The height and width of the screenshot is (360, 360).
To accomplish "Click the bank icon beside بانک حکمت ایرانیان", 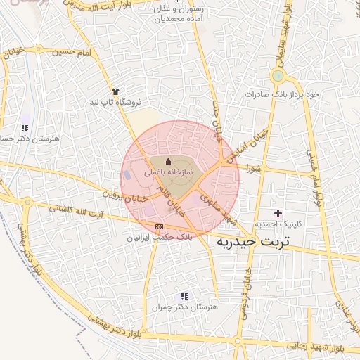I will (x=159, y=226).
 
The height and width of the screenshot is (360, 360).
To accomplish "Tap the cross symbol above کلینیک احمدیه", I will (x=278, y=212).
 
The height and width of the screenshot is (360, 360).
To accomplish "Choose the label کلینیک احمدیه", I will (x=278, y=223).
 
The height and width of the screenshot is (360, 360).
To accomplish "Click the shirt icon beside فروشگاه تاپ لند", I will (x=116, y=91).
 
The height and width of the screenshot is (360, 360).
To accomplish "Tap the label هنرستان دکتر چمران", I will (x=185, y=307).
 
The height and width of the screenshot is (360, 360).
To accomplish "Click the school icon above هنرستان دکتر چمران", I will (x=184, y=297).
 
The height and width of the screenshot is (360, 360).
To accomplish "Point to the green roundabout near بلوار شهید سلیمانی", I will (x=278, y=76).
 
